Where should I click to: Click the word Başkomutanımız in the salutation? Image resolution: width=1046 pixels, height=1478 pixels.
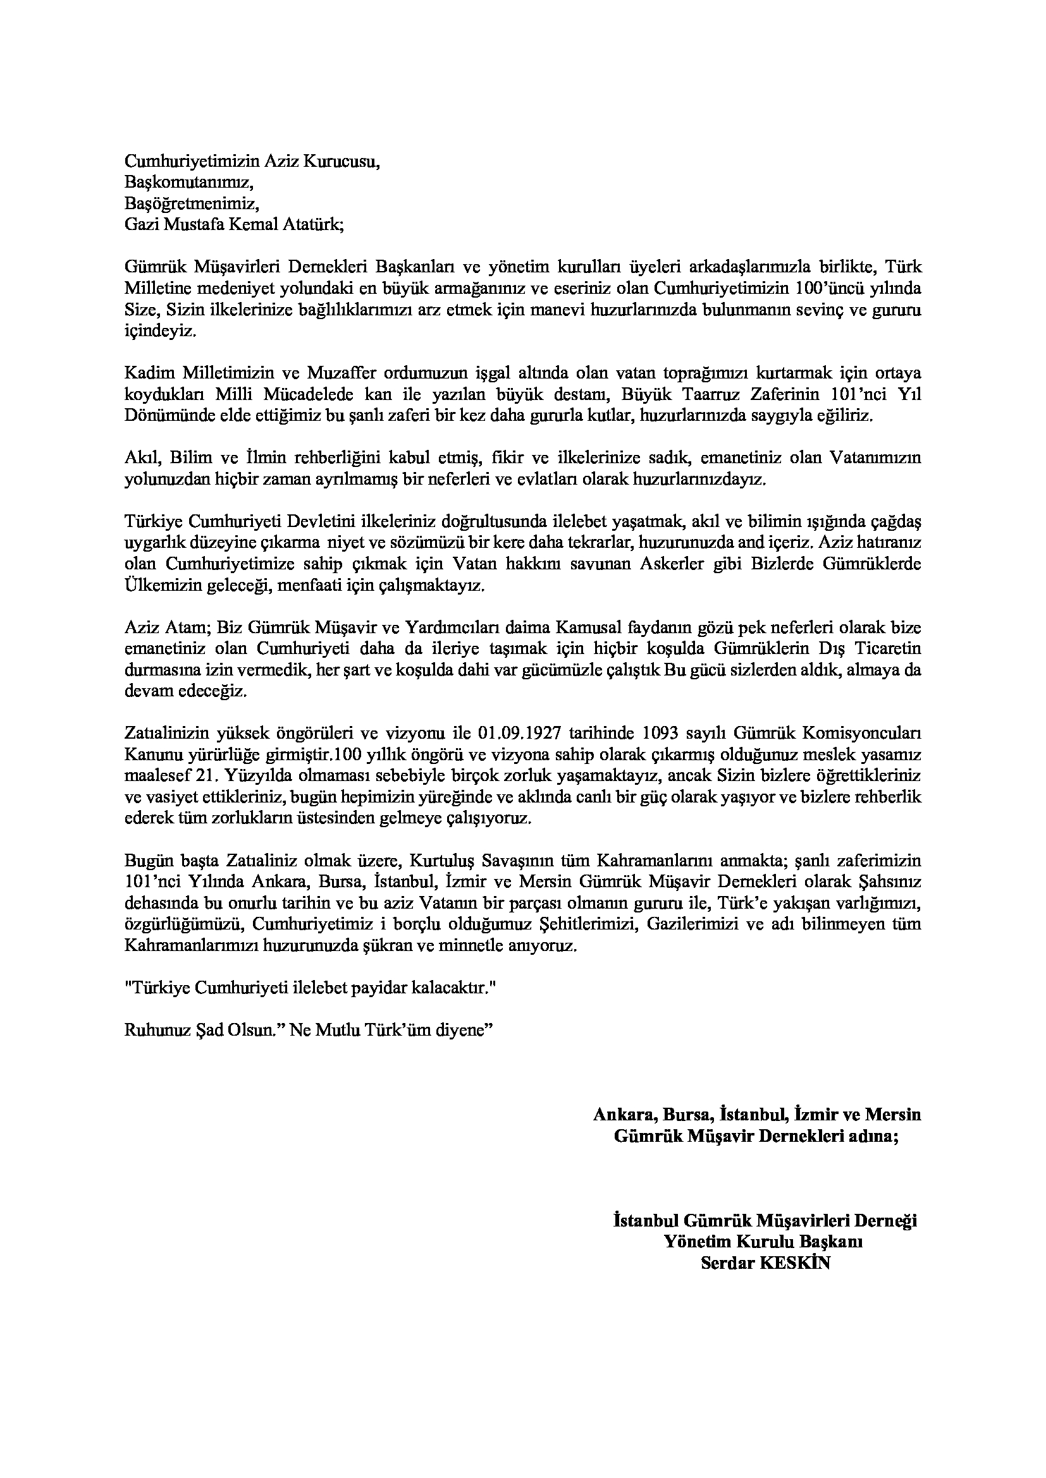point(188,183)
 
